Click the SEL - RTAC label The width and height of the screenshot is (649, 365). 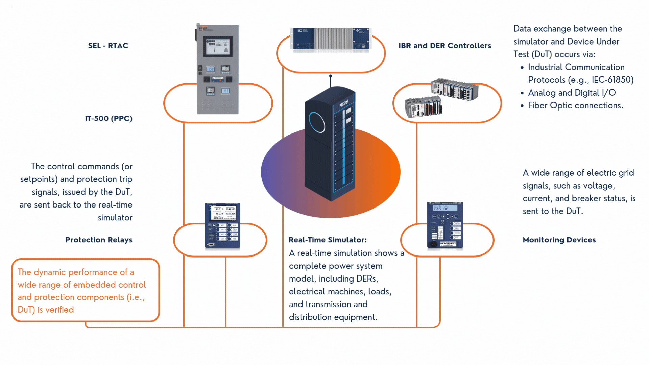(x=108, y=46)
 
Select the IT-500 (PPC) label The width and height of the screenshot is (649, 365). (x=109, y=119)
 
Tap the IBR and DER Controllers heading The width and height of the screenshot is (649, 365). (x=444, y=46)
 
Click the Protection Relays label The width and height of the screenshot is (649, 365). (x=99, y=240)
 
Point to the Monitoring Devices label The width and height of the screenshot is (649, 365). (x=559, y=240)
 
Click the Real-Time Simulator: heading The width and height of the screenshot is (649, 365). (x=327, y=240)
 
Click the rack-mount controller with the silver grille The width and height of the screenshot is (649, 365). (x=331, y=39)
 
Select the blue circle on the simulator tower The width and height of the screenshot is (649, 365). (x=317, y=122)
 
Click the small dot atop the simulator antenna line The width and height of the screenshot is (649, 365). (x=331, y=76)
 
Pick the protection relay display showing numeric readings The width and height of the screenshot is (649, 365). (x=222, y=212)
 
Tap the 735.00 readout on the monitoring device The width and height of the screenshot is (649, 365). (x=441, y=209)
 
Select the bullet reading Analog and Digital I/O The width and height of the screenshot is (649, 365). (x=572, y=93)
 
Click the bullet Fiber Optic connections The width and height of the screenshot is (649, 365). (x=575, y=106)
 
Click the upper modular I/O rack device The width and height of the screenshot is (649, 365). (x=455, y=89)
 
